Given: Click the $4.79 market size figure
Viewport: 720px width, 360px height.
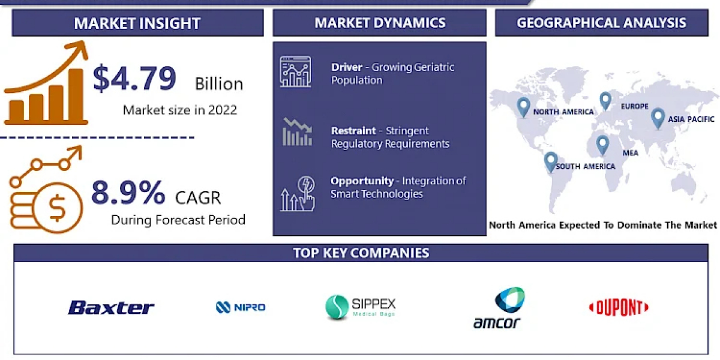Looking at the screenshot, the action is [x=134, y=78].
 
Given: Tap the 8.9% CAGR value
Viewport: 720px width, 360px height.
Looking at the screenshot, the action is [x=128, y=193].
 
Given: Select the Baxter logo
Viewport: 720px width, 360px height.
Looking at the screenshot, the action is [x=111, y=307].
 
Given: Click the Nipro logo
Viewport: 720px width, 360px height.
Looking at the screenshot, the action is [x=241, y=307].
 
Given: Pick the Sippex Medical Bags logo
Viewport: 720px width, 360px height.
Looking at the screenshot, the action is [x=361, y=307].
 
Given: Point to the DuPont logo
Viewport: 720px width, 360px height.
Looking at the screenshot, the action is [x=619, y=307].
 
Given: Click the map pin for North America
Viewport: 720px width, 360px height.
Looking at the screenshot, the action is [x=523, y=107].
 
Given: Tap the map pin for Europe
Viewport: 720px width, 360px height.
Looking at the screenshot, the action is [x=605, y=101].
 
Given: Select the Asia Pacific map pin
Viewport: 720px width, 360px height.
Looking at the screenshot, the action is [x=658, y=118].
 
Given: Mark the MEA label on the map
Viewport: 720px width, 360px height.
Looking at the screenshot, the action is [x=631, y=153].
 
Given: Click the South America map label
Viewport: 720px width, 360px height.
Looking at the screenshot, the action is [x=586, y=166].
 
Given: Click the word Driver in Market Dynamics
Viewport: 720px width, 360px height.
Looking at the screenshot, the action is [x=347, y=67].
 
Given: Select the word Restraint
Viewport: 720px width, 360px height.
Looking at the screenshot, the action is [x=353, y=131].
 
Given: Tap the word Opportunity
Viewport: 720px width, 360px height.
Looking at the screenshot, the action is [x=362, y=181].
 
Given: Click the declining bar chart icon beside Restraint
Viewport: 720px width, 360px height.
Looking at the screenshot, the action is [x=298, y=132].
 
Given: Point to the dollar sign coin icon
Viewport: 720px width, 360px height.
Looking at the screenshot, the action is [x=57, y=208].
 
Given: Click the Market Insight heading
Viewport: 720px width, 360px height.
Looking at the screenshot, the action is [x=137, y=23].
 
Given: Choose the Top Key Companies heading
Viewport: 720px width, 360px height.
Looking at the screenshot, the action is [x=361, y=253].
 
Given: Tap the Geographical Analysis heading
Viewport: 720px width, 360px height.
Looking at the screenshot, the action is [x=601, y=23].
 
